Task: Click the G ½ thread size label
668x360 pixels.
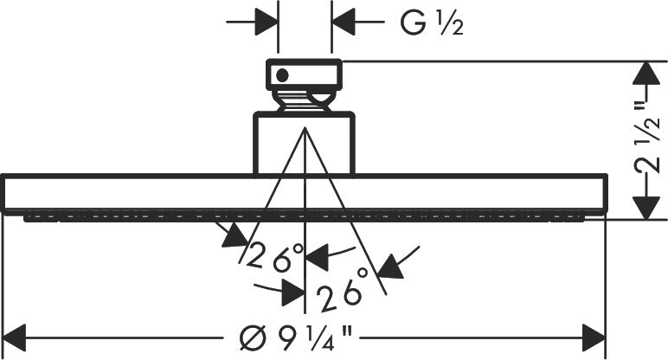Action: click(432, 22)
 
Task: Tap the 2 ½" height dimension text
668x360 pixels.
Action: click(648, 141)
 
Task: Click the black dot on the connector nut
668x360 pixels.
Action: click(282, 76)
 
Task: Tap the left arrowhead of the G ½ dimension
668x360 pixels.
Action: click(266, 22)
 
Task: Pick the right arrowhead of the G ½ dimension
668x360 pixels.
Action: click(344, 22)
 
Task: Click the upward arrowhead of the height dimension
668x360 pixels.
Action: click(646, 73)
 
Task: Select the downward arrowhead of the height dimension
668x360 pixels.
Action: click(646, 208)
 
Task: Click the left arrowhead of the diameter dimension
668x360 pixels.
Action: click(15, 337)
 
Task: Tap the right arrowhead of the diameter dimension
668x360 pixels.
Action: click(594, 337)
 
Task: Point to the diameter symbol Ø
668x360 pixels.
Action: click(253, 338)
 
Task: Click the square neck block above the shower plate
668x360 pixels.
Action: click(305, 143)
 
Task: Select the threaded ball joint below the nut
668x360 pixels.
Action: click(305, 101)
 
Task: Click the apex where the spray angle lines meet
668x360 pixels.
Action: click(305, 127)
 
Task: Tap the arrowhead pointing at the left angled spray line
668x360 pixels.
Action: click(234, 236)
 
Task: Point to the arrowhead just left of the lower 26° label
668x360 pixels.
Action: click(293, 293)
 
